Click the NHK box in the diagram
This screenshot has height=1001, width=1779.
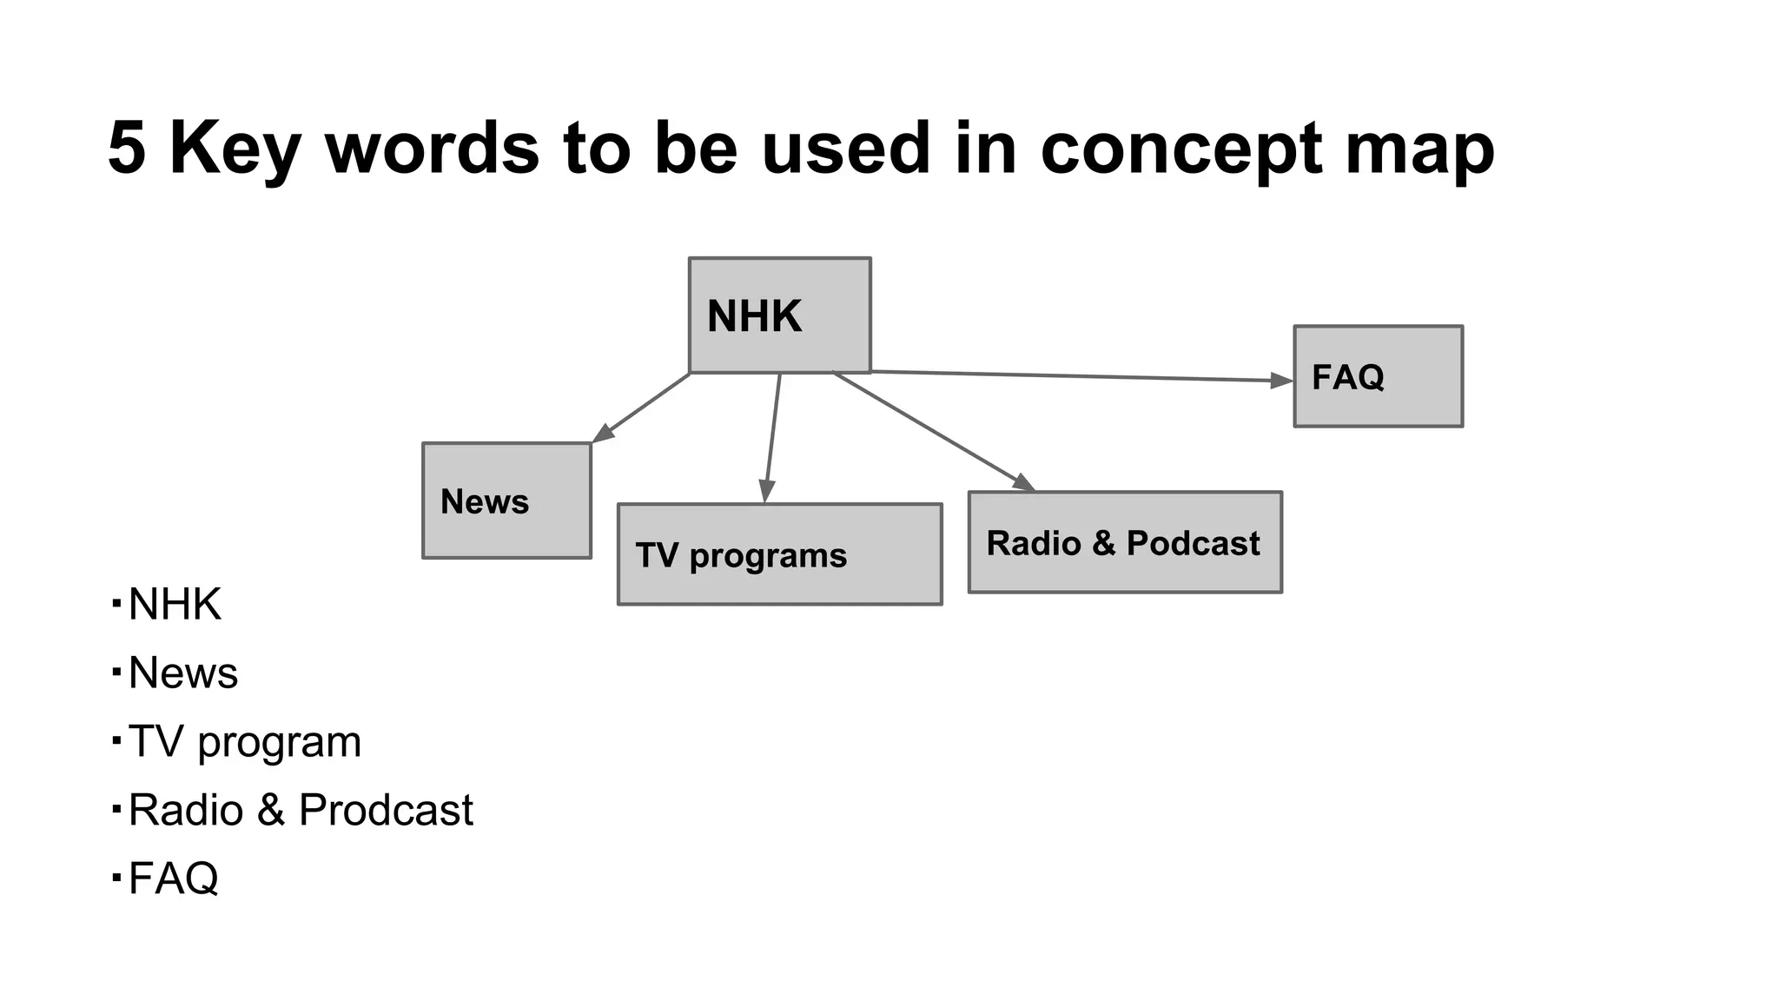pyautogui.click(x=779, y=315)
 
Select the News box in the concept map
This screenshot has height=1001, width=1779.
pyautogui.click(x=506, y=500)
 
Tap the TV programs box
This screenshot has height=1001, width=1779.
pyautogui.click(x=779, y=554)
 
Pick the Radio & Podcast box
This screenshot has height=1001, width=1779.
pyautogui.click(x=1125, y=542)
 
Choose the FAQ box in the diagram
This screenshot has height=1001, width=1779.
pyautogui.click(x=1378, y=376)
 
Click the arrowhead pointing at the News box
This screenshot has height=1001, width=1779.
pyautogui.click(x=603, y=434)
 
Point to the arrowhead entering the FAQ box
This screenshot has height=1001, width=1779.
pyautogui.click(x=1282, y=380)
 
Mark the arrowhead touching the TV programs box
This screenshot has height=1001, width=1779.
pyautogui.click(x=766, y=492)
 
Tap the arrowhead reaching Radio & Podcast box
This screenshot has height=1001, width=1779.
pyautogui.click(x=1024, y=483)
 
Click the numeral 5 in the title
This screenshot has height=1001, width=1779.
pyautogui.click(x=127, y=148)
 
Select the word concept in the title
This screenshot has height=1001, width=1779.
pyautogui.click(x=1180, y=149)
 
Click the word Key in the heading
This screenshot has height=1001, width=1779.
pyautogui.click(x=235, y=149)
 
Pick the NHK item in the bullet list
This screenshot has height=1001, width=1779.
pyautogui.click(x=175, y=604)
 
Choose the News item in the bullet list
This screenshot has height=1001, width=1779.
pyautogui.click(x=182, y=673)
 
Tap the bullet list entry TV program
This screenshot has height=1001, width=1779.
pyautogui.click(x=244, y=742)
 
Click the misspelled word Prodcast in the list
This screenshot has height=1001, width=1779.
pyautogui.click(x=386, y=810)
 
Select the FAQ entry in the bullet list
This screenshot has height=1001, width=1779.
pyautogui.click(x=173, y=878)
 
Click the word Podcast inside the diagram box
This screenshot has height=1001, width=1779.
pyautogui.click(x=1193, y=543)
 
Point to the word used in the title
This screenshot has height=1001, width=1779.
pyautogui.click(x=845, y=148)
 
